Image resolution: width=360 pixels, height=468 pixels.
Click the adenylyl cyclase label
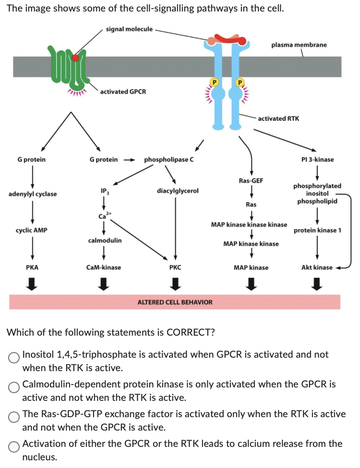coord(33,194)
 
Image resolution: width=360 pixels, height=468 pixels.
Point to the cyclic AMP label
coord(32,230)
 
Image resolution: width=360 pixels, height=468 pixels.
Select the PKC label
coord(175,267)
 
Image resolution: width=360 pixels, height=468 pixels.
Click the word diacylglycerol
coord(178,190)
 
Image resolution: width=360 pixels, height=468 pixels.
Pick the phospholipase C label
coord(169,159)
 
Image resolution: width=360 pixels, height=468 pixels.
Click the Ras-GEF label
coord(251,180)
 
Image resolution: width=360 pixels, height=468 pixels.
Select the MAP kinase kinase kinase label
coord(249,224)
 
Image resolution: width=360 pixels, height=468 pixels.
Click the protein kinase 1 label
coord(317,230)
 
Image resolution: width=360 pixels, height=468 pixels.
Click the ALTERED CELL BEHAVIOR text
coord(175,302)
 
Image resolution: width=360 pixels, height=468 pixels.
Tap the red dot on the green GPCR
coord(75,58)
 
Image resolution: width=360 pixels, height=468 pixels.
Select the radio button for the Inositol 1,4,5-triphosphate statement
coord(14,357)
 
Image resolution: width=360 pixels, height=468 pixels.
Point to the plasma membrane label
coord(299,45)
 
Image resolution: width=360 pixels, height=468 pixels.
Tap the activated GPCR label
coord(123,91)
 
